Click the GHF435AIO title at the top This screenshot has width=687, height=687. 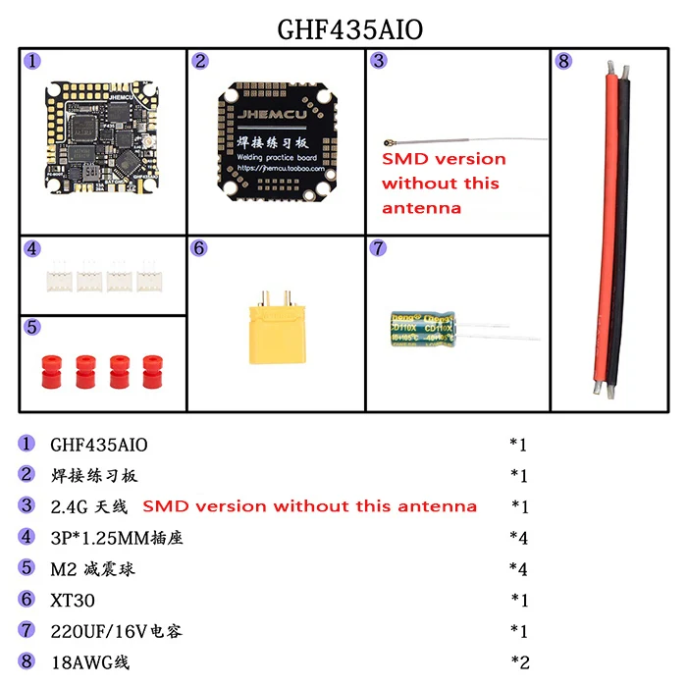click(x=350, y=28)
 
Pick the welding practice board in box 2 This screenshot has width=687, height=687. click(x=274, y=136)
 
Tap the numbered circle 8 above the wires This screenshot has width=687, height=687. click(x=562, y=61)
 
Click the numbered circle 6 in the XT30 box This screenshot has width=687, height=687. click(x=199, y=248)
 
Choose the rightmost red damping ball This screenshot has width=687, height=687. click(x=151, y=372)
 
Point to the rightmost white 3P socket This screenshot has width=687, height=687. click(x=150, y=279)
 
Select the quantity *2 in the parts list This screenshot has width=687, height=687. click(x=519, y=661)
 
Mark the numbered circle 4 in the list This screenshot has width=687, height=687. click(x=26, y=537)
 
